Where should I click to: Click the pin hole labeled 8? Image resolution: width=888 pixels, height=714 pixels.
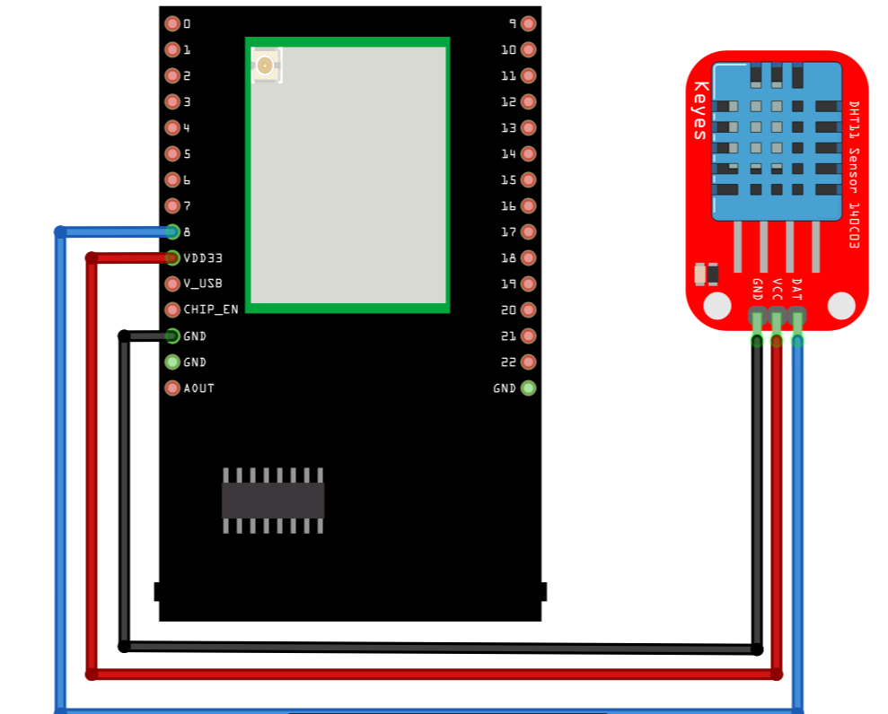(172, 231)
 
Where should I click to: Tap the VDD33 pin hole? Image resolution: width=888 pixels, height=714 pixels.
(172, 258)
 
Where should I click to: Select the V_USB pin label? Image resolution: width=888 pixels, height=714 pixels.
(202, 283)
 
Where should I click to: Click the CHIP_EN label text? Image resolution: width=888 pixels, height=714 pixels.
(211, 309)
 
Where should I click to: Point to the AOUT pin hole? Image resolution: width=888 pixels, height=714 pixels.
(172, 388)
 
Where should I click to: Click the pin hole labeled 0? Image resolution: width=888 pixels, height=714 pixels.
(172, 24)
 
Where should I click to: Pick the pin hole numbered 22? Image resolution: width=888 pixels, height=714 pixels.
(528, 362)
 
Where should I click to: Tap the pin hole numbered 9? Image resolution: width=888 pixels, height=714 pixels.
(528, 24)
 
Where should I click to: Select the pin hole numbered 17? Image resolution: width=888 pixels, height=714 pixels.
(528, 232)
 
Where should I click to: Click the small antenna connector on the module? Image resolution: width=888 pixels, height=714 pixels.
(265, 65)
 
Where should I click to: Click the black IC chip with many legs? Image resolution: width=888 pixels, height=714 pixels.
(273, 500)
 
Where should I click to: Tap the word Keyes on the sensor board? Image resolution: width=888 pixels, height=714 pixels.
(700, 111)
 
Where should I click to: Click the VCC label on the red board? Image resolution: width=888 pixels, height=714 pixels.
(778, 289)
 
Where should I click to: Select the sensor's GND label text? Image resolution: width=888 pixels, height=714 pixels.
(757, 289)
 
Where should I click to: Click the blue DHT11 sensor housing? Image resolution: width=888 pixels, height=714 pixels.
(777, 141)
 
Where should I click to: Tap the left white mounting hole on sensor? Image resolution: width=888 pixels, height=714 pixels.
(717, 306)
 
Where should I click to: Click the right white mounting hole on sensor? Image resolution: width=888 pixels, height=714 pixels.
(841, 306)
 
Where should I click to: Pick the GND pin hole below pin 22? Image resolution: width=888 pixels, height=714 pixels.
(528, 388)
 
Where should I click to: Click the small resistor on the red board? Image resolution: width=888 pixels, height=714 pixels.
(708, 274)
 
